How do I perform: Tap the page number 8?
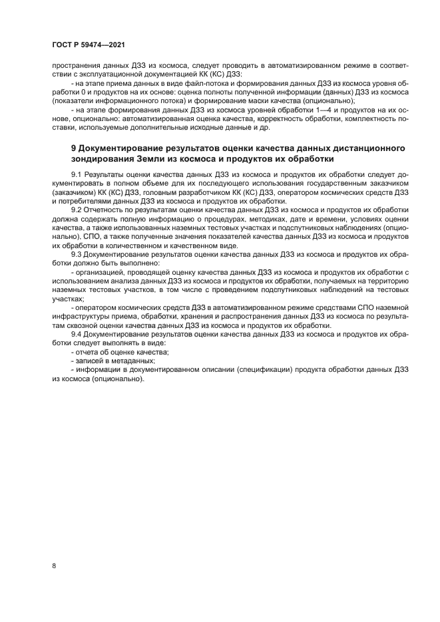[x=53, y=565]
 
